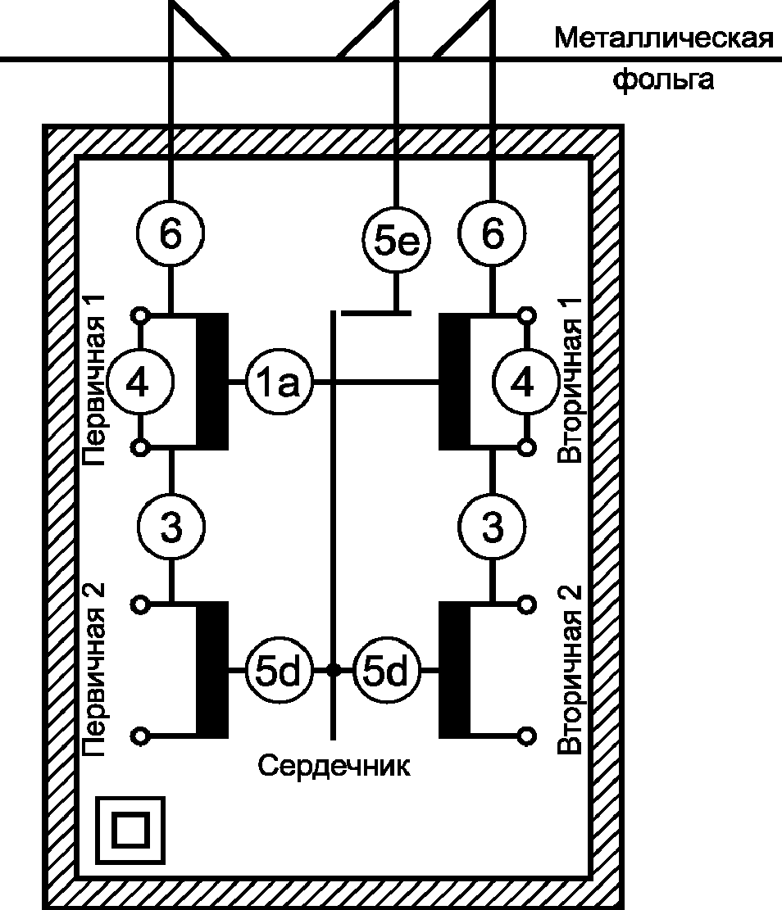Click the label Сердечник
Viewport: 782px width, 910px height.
(x=334, y=766)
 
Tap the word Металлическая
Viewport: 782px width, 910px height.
(x=664, y=38)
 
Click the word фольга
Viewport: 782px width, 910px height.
(x=663, y=79)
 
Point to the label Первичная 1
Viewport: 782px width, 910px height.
(x=93, y=380)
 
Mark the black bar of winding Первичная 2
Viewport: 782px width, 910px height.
(x=212, y=670)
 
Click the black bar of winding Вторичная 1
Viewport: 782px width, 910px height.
(x=454, y=382)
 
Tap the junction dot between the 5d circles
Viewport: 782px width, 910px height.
(x=333, y=670)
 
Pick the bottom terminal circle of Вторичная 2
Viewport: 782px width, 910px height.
(x=526, y=736)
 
